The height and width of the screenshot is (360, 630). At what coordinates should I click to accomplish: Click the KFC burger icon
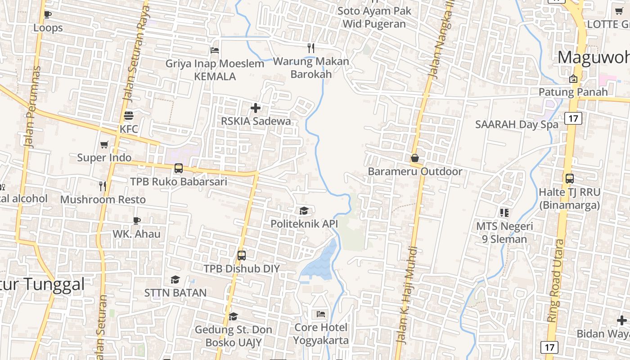tap(129, 115)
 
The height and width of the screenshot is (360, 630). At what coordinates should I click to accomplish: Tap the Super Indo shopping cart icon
tap(104, 144)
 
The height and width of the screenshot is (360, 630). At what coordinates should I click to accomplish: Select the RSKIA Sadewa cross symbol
tap(256, 108)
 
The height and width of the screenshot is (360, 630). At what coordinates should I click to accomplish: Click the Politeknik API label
tap(304, 224)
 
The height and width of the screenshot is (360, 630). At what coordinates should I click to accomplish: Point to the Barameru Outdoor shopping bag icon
tap(415, 158)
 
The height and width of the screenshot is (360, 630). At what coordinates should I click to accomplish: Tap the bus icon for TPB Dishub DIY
tap(242, 256)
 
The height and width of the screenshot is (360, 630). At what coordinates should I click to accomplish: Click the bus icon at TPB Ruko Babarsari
tap(179, 168)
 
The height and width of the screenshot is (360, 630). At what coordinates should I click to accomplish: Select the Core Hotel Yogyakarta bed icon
tap(321, 314)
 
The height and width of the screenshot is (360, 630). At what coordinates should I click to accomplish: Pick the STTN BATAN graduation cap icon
tap(175, 280)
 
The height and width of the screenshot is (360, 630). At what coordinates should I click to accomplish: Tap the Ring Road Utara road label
tap(556, 281)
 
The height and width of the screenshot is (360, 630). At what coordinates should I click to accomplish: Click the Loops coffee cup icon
tap(48, 14)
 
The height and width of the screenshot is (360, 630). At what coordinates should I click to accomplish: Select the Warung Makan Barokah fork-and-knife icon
tap(311, 48)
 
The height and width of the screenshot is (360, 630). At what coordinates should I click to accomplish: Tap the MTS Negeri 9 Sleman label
tap(504, 233)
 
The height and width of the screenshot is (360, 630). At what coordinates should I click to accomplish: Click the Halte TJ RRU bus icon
tap(570, 178)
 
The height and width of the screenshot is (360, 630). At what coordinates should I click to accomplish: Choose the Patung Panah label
tap(573, 92)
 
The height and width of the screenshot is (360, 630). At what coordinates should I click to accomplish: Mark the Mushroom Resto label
tap(103, 199)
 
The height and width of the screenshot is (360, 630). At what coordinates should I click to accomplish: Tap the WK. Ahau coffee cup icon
tap(137, 220)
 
